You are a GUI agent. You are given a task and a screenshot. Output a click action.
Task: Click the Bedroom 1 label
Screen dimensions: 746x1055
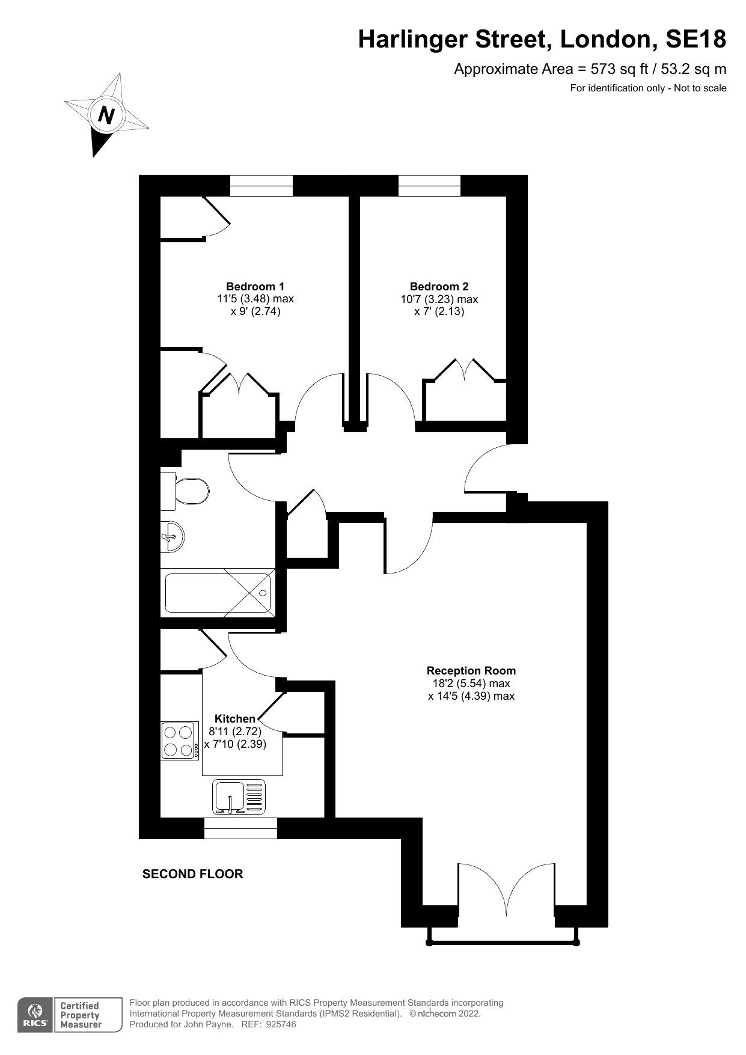pyautogui.click(x=255, y=286)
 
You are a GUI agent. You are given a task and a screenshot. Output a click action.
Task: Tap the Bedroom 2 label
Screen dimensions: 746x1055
pyautogui.click(x=439, y=287)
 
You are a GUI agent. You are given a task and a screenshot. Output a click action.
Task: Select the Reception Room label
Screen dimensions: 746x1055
pyautogui.click(x=471, y=670)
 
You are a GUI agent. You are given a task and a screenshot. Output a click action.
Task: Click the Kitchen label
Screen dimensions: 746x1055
pyautogui.click(x=235, y=718)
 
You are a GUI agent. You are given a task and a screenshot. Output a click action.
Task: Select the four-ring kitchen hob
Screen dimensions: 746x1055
pyautogui.click(x=180, y=741)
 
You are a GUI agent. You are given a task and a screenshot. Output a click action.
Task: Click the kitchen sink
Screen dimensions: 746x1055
pyautogui.click(x=239, y=797)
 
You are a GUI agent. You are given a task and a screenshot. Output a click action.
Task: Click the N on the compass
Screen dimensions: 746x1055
pyautogui.click(x=106, y=114)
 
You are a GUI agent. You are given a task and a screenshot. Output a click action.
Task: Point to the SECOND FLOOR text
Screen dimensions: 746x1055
pyautogui.click(x=192, y=874)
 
